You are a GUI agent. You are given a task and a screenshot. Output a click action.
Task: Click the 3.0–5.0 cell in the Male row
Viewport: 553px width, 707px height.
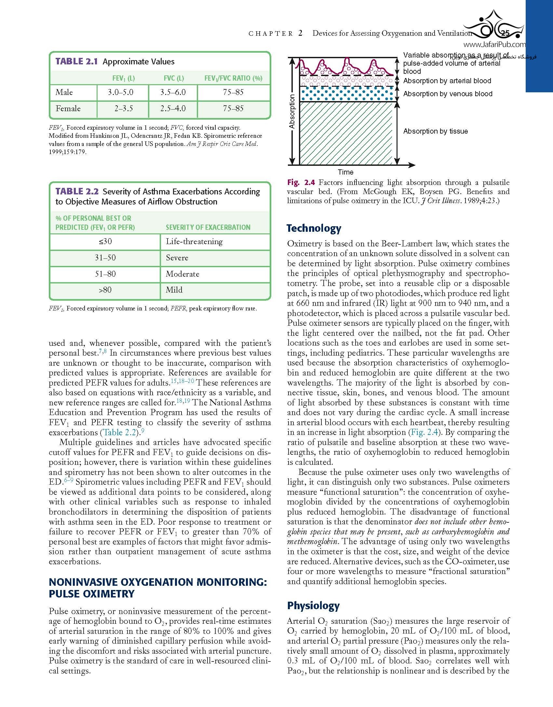click(x=121, y=92)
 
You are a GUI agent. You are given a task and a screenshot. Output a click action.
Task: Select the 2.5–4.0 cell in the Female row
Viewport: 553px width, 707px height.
click(x=173, y=109)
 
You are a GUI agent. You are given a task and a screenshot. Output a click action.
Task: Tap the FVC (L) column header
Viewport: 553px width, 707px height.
click(x=174, y=78)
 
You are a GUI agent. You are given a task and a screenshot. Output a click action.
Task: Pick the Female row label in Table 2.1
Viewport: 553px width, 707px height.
click(x=68, y=109)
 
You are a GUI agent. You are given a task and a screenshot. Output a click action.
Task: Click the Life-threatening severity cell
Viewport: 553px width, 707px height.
click(x=194, y=242)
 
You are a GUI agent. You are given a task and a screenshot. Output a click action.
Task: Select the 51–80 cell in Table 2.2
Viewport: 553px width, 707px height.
click(x=105, y=274)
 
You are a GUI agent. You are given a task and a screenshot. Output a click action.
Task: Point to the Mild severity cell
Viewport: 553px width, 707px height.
click(x=174, y=290)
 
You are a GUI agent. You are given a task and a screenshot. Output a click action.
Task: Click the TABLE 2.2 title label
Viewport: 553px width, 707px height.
click(x=77, y=191)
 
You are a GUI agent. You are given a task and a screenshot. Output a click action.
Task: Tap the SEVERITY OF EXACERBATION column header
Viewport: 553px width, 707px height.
click(x=208, y=227)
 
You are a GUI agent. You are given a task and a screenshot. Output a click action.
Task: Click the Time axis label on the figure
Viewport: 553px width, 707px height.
click(x=345, y=172)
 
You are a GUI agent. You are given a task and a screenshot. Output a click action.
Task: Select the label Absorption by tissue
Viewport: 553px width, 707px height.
click(x=435, y=131)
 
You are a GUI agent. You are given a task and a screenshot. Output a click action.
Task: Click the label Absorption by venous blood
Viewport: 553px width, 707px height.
click(x=448, y=94)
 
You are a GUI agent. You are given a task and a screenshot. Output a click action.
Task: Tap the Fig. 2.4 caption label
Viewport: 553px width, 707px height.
click(x=301, y=183)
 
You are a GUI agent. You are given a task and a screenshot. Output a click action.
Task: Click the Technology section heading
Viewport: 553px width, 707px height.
click(x=314, y=228)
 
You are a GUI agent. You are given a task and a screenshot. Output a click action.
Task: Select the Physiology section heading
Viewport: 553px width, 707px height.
click(x=313, y=606)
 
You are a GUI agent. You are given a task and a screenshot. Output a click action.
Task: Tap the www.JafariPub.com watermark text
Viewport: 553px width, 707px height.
click(x=494, y=45)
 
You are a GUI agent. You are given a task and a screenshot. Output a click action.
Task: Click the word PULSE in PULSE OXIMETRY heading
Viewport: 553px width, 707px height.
click(x=65, y=594)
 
